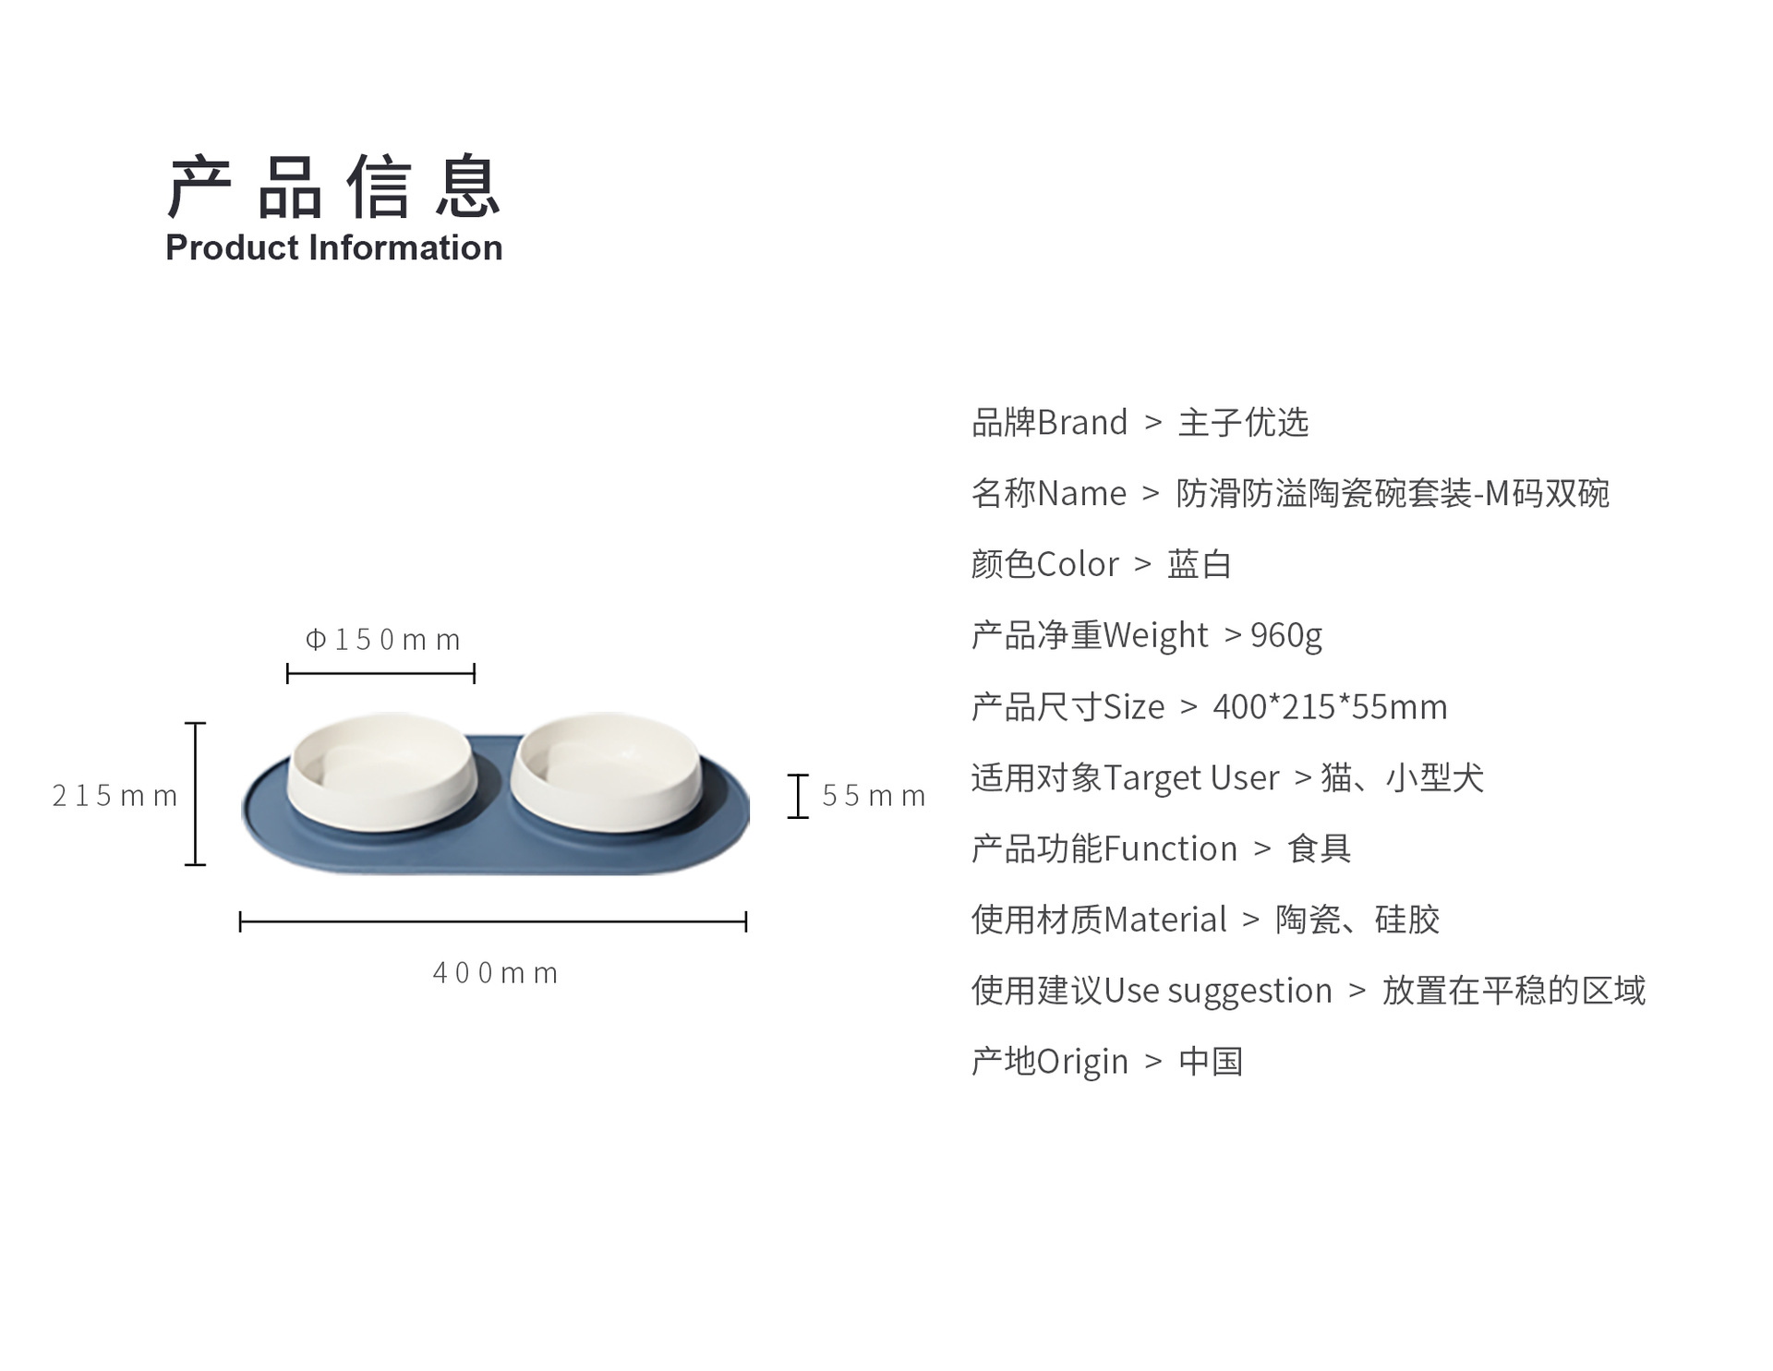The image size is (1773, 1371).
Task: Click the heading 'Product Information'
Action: pos(333,248)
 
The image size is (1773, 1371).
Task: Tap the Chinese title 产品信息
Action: pos(333,186)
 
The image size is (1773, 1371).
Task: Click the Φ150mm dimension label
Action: pos(382,639)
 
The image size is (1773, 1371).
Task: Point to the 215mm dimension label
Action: pos(115,795)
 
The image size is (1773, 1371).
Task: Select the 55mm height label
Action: pos(874,795)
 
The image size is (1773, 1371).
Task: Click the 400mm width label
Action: pos(496,972)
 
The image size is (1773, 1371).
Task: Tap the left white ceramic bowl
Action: pos(382,771)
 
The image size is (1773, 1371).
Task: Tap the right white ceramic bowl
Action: pos(606,771)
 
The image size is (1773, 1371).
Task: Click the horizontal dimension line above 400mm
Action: pos(493,921)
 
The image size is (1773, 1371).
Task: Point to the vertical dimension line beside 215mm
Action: pos(196,794)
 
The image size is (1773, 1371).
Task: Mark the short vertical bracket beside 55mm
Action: pos(798,796)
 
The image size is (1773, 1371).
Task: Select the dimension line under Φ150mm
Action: pos(380,674)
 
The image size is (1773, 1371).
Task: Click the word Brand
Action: pos(1082,423)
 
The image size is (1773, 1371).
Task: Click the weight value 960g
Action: pos(1286,636)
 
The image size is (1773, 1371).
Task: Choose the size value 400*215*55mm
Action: pos(1330,707)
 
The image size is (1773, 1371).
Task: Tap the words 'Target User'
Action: pos(1191,778)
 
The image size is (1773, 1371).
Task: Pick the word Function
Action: pos(1170,848)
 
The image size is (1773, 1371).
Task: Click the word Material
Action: pos(1164,920)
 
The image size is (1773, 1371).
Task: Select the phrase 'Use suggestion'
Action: pos(1218,992)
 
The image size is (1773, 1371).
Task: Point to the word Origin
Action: pos(1082,1063)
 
